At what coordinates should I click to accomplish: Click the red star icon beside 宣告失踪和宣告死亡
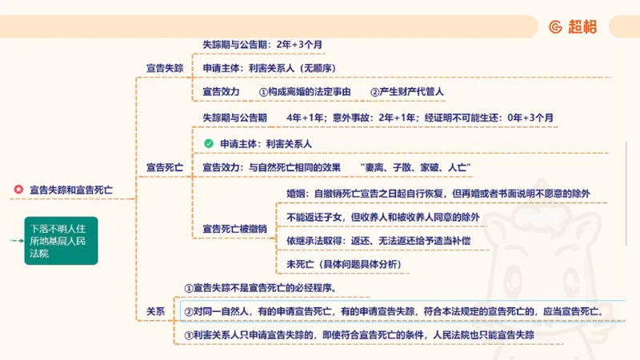coord(18,190)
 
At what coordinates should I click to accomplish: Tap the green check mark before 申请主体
coord(208,143)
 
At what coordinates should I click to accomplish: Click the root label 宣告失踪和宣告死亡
coord(71,190)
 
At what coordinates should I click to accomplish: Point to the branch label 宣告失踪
coord(164,68)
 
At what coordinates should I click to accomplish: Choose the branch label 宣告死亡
coord(164,168)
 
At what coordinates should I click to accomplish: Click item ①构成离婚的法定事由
coord(305,92)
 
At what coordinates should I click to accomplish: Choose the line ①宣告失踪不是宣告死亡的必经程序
coord(265,287)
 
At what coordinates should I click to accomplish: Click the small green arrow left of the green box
coord(14,240)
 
